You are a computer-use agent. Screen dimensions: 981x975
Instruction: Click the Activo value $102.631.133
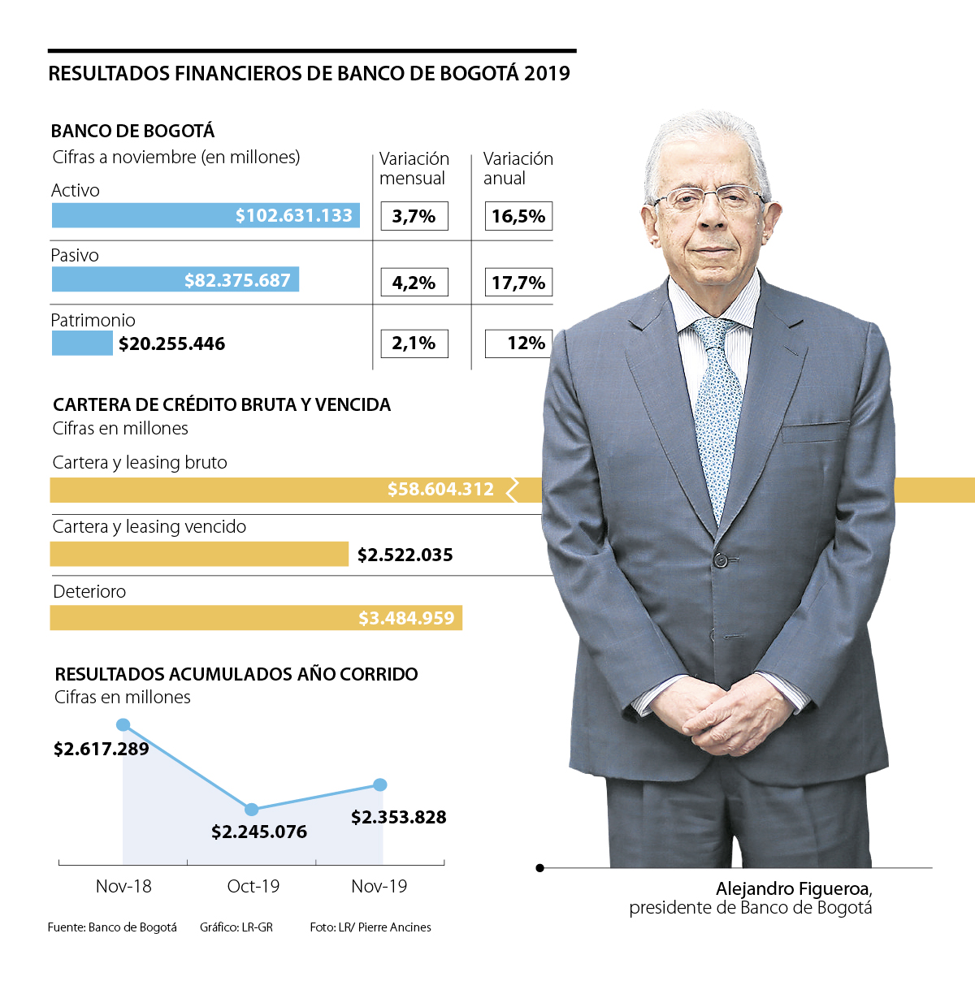293,216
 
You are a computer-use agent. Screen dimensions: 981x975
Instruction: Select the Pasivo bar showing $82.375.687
175,279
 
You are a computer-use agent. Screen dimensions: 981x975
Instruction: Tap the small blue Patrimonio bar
82,344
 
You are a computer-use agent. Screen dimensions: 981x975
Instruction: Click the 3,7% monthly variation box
414,217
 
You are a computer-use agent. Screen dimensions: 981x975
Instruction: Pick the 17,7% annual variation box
518,283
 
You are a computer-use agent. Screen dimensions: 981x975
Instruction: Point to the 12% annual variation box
518,344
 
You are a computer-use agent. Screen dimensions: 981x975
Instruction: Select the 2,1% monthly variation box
414,344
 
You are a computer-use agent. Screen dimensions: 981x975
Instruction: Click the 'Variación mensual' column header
414,168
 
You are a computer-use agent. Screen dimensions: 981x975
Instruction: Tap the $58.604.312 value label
440,490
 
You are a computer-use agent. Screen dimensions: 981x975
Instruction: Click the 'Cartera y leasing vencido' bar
199,554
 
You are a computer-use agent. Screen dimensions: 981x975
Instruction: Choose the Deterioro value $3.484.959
406,619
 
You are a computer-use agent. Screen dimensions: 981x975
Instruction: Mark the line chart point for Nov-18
123,724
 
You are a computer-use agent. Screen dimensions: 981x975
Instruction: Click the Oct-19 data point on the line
252,810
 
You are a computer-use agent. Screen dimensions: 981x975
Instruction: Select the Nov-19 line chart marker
380,784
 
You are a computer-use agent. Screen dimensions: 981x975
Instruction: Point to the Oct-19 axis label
253,887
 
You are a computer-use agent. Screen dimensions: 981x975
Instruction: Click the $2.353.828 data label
398,818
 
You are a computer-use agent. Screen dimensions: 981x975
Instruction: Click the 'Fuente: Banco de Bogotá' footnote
112,927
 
